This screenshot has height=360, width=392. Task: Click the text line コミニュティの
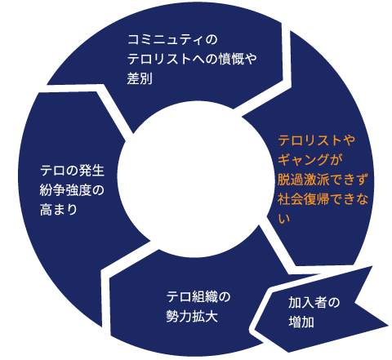[x=172, y=40]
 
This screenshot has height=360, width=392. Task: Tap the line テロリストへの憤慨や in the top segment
[x=192, y=59]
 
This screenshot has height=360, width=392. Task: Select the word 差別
[x=140, y=79]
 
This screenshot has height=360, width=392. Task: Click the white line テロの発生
[x=73, y=171]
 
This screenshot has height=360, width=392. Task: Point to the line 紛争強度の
[x=72, y=190]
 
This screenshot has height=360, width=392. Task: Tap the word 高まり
[x=59, y=210]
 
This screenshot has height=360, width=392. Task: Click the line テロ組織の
[x=198, y=297]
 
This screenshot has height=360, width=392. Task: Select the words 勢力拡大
[x=192, y=317]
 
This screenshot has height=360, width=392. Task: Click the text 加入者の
[x=314, y=303]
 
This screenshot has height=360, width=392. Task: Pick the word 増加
[x=301, y=322]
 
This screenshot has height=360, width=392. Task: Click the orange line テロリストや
[x=317, y=140]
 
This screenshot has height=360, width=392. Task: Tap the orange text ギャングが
[x=310, y=160]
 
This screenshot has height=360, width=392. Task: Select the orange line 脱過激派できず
[x=323, y=180]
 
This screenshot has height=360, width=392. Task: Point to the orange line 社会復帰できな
[x=323, y=199]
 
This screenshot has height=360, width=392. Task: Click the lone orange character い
[x=284, y=219]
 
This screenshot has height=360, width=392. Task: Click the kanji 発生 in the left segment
[x=91, y=171]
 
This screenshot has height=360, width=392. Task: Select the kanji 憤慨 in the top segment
[x=231, y=59]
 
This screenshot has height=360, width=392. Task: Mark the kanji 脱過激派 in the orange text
[x=304, y=180]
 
